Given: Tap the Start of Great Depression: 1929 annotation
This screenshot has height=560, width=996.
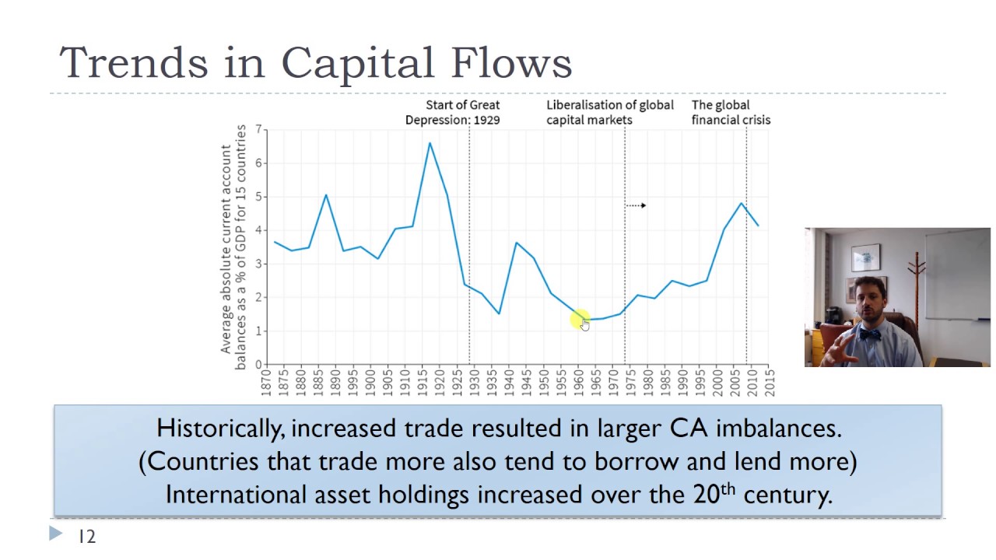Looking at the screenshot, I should click(454, 112).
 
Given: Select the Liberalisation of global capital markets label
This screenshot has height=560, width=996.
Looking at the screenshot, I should click(609, 112).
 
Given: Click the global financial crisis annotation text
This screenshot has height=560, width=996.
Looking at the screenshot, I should click(731, 112).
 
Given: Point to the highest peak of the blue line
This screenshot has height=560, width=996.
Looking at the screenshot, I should click(430, 143).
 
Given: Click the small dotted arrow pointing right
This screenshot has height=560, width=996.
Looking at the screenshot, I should click(637, 205).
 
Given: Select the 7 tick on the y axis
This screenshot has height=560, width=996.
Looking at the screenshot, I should click(257, 131).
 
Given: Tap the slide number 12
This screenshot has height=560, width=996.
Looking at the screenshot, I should click(86, 537).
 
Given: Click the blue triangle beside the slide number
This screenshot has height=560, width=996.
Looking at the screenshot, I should click(56, 534).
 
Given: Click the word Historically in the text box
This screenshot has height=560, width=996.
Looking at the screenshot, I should click(219, 429).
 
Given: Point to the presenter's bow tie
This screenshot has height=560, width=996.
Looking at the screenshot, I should click(869, 335).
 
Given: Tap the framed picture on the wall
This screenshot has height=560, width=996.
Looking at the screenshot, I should click(865, 257).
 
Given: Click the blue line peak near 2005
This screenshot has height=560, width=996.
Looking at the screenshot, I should click(741, 204).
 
